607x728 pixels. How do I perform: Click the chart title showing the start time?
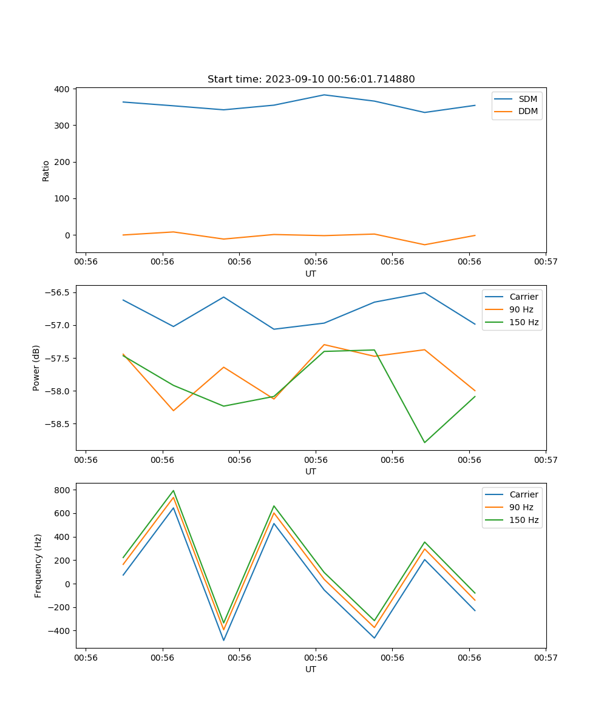(x=311, y=79)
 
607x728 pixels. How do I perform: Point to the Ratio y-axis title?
(x=46, y=170)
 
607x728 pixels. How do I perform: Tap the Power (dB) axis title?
(x=36, y=368)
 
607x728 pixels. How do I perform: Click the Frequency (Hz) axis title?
(x=38, y=565)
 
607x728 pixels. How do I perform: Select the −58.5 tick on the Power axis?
(x=58, y=424)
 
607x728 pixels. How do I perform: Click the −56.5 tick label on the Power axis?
(x=58, y=292)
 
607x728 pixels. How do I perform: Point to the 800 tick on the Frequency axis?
(x=63, y=490)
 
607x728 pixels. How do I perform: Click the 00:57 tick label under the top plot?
(x=546, y=262)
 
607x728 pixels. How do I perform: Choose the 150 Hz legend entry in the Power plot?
(x=524, y=322)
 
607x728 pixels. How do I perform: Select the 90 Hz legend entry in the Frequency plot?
(x=521, y=507)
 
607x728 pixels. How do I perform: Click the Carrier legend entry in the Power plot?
(x=523, y=297)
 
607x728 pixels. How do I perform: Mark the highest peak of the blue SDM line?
(x=324, y=95)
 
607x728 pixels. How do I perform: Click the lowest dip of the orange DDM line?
(x=424, y=244)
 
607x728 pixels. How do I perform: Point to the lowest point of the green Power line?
(x=424, y=442)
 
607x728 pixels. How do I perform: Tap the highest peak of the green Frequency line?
(x=174, y=491)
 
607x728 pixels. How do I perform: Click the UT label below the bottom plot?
(x=311, y=669)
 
